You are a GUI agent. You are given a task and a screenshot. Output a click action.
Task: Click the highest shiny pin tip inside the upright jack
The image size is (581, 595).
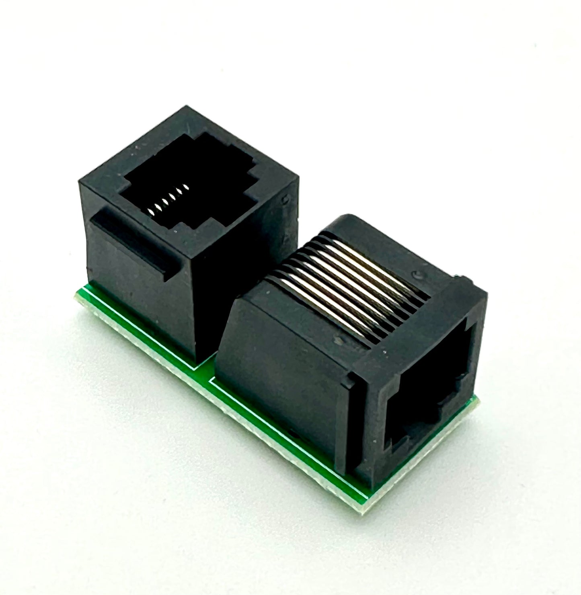185,187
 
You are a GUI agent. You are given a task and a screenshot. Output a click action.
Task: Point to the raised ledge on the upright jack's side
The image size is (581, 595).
133,241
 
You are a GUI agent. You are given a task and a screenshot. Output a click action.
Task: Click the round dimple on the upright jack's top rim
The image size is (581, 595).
285,200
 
